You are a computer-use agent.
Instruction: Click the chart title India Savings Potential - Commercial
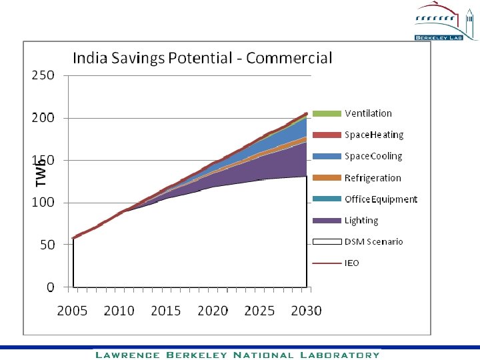click(x=202, y=58)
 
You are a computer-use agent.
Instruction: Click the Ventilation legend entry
click(x=368, y=113)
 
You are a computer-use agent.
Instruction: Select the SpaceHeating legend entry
click(x=373, y=135)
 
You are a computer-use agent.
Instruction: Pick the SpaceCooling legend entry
click(x=373, y=156)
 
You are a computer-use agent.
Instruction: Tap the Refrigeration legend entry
click(x=372, y=178)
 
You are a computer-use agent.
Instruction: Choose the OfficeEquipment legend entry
click(x=380, y=199)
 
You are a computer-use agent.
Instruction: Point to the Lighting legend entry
click(x=361, y=221)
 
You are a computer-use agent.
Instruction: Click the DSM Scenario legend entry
click(x=373, y=242)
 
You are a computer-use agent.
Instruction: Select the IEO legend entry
click(x=351, y=263)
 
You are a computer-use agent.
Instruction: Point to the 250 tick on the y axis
click(x=43, y=75)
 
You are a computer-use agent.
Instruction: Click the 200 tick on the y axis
click(x=43, y=118)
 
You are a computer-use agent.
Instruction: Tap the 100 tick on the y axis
click(x=43, y=203)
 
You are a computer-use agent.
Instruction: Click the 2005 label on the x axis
click(x=71, y=311)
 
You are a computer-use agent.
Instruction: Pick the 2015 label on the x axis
click(x=165, y=311)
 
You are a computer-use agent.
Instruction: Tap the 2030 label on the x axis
click(x=305, y=311)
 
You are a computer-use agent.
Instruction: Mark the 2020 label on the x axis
click(x=213, y=311)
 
